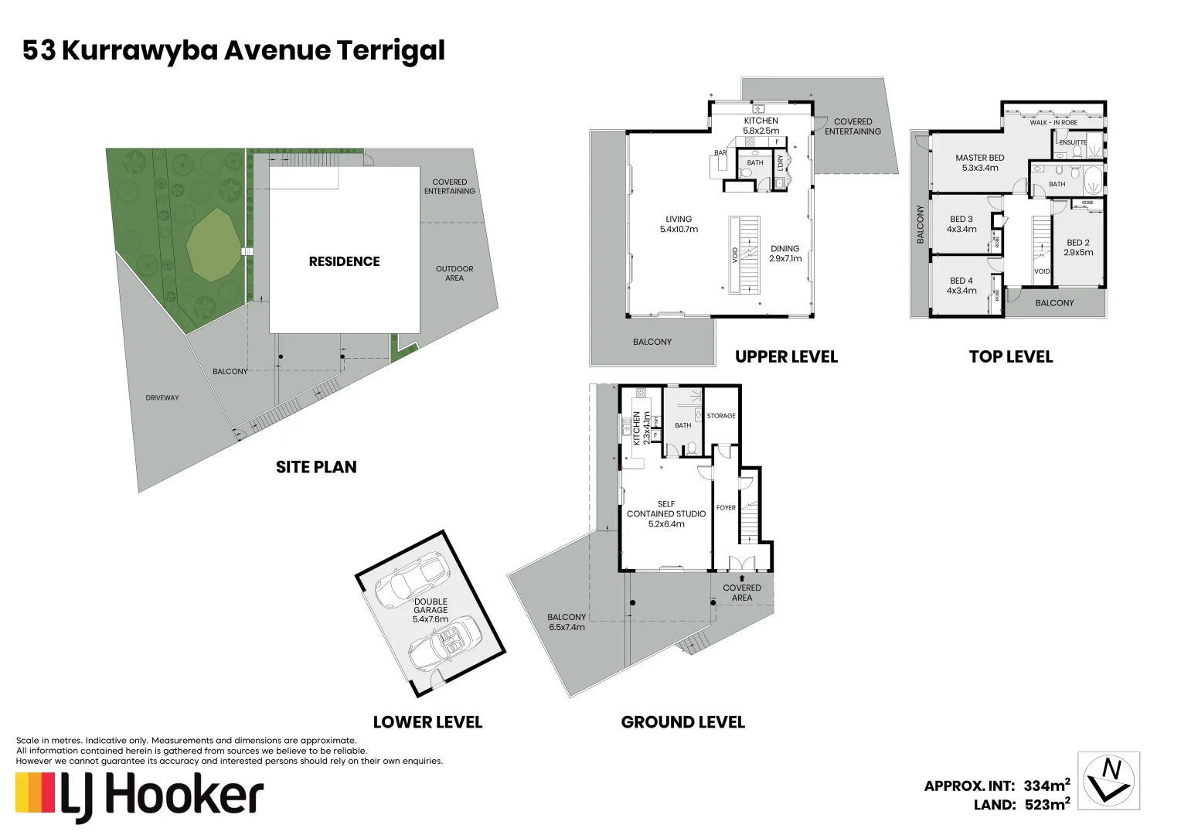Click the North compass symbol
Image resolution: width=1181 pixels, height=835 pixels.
[x=1108, y=781]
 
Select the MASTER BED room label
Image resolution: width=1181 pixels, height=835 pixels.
[x=979, y=162]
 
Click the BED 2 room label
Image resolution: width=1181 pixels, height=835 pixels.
[x=1077, y=247]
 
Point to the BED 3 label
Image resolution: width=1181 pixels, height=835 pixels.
[x=961, y=224]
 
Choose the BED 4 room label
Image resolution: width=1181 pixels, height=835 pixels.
[x=961, y=285]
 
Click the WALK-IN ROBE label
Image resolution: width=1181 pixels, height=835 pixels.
[x=1053, y=123]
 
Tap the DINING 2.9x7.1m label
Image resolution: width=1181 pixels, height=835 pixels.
[x=784, y=254]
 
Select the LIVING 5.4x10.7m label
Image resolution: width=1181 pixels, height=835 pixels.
[x=679, y=224]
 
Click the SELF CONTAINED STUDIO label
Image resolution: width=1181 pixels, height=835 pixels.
[x=665, y=513]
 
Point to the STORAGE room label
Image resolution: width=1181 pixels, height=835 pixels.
[x=720, y=416]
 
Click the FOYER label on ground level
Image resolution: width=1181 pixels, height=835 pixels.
[x=726, y=508]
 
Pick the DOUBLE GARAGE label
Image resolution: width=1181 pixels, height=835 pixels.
[x=431, y=610]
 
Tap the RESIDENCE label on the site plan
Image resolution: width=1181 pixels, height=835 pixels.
[x=344, y=261]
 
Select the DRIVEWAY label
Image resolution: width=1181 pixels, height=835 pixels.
[x=162, y=398]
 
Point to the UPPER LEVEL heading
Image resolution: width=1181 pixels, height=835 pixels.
[x=786, y=356]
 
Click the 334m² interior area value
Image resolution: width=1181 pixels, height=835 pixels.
[x=1047, y=786]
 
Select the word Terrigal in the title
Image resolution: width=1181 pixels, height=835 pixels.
[x=390, y=50]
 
